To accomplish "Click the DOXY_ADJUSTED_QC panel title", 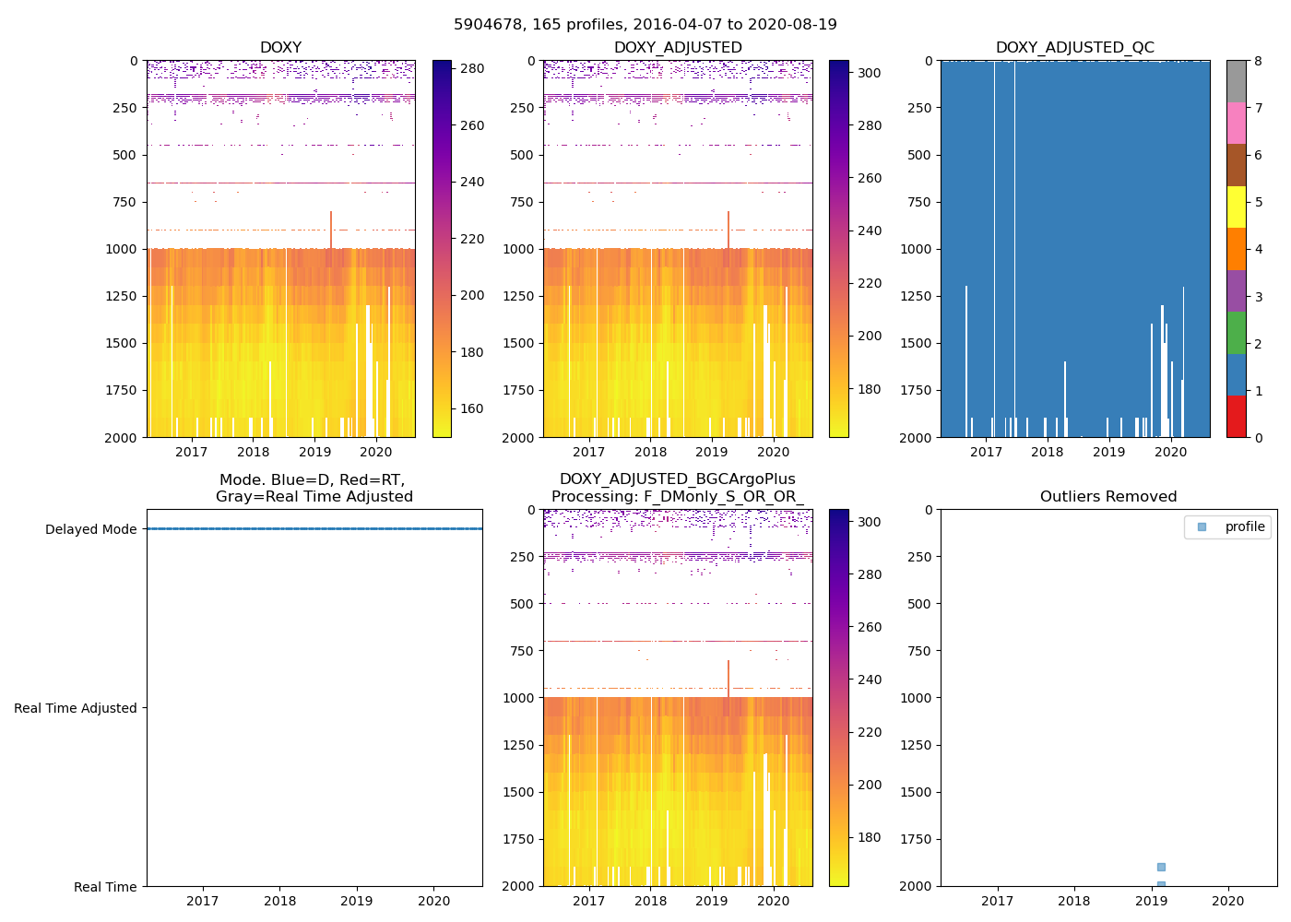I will pyautogui.click(x=1074, y=48).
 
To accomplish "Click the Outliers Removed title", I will pyautogui.click(x=1108, y=497).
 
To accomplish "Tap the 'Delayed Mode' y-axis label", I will pyautogui.click(x=90, y=529).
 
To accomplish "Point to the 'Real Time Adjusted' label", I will pyautogui.click(x=75, y=708).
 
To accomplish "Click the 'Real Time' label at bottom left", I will pyautogui.click(x=105, y=887).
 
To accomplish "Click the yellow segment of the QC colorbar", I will pyautogui.click(x=1236, y=207).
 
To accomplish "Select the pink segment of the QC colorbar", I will pyautogui.click(x=1236, y=123).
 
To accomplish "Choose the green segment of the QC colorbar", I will pyautogui.click(x=1236, y=332).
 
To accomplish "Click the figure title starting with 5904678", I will pyautogui.click(x=645, y=25).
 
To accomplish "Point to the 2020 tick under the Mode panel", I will pyautogui.click(x=434, y=901).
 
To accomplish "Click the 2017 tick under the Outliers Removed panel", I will pyautogui.click(x=997, y=901).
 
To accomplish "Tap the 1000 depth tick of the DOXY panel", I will pyautogui.click(x=122, y=249).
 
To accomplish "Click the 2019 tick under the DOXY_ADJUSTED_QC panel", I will pyautogui.click(x=1108, y=452).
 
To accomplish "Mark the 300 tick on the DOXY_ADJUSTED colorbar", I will pyautogui.click(x=869, y=73).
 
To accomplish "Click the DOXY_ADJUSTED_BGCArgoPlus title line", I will pyautogui.click(x=677, y=479).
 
